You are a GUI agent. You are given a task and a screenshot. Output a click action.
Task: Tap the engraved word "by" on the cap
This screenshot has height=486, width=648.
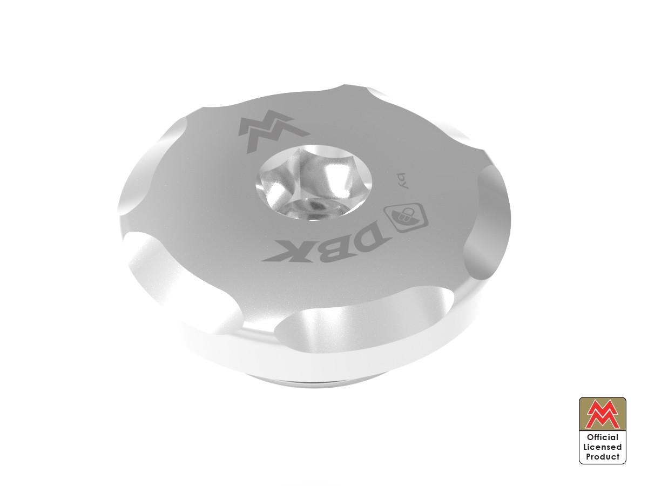[x=401, y=180]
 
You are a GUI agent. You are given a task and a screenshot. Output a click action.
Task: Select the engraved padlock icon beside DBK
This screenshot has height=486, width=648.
[x=403, y=216]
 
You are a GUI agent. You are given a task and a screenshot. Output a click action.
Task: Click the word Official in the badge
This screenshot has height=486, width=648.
[x=603, y=437]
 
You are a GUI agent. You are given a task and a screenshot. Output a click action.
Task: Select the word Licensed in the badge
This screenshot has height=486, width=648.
[x=603, y=447]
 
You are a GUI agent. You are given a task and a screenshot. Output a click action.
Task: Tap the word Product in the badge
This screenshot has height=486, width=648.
[x=603, y=457]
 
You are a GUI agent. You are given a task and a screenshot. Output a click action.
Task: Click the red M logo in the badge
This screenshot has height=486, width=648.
[x=603, y=415]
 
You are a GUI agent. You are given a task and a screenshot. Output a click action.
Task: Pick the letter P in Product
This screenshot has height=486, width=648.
[x=589, y=457]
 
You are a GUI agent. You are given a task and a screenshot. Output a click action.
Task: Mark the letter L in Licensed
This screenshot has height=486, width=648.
[x=585, y=447]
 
